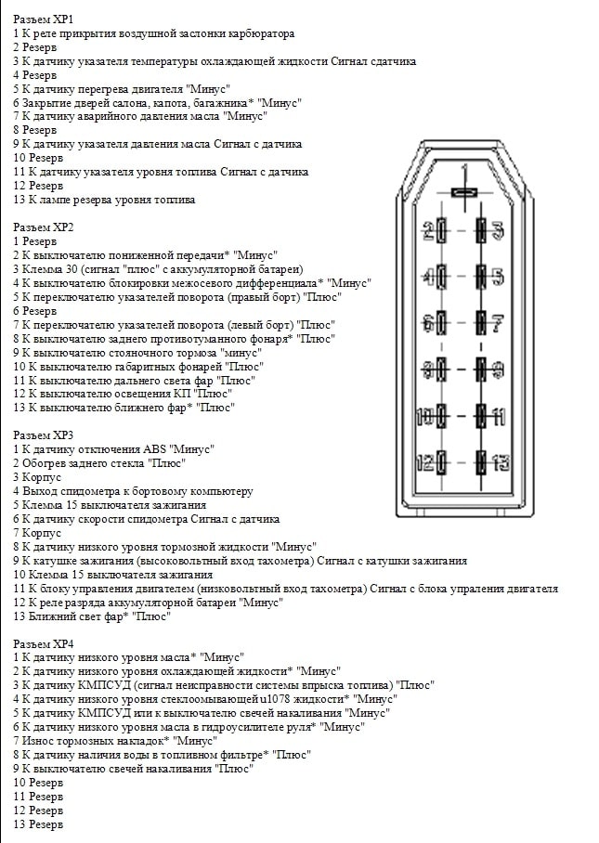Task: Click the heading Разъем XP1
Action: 44,19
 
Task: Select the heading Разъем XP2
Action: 44,227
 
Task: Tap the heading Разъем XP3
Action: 44,434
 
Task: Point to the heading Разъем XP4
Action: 44,643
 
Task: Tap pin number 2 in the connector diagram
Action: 428,230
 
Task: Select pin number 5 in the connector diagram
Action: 498,277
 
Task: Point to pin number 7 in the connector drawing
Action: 498,323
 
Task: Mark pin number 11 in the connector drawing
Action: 499,414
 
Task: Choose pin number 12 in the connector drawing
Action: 426,460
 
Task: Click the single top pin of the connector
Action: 463,192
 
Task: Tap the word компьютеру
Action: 217,491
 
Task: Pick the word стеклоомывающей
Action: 219,699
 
